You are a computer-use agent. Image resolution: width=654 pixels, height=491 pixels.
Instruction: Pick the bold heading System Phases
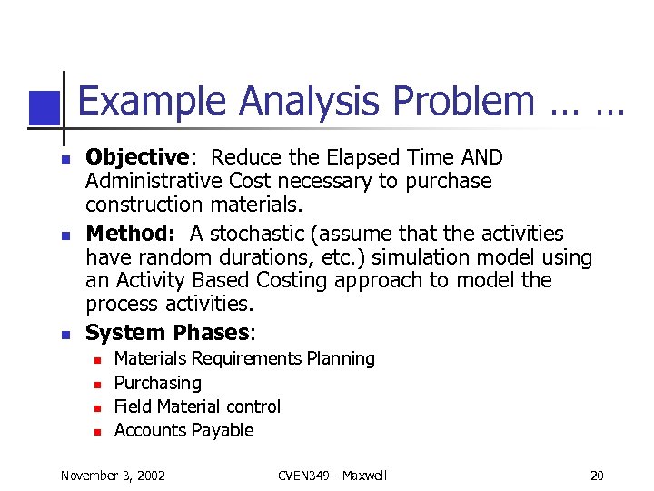click(166, 333)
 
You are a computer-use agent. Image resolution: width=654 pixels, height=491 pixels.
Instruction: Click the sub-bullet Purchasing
click(157, 383)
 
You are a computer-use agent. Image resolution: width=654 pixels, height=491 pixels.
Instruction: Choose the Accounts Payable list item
click(183, 430)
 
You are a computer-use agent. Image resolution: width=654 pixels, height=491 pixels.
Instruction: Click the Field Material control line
click(197, 406)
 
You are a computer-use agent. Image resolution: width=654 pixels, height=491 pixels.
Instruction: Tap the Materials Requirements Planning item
click(244, 359)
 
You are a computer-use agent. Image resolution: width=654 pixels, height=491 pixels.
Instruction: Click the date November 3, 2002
click(113, 476)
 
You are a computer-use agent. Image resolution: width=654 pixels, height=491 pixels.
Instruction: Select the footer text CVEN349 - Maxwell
click(332, 476)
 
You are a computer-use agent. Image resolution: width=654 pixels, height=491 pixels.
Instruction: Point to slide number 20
click(596, 476)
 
